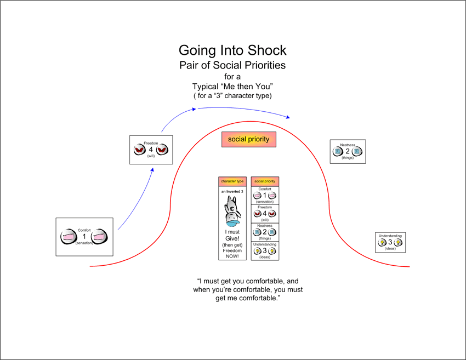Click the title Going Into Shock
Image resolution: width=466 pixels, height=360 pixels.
click(232, 50)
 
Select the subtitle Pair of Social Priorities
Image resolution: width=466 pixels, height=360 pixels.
click(232, 65)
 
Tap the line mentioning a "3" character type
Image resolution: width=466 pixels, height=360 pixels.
click(232, 95)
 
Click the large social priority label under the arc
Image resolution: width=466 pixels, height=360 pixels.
click(248, 139)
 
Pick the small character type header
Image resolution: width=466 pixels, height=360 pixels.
click(232, 181)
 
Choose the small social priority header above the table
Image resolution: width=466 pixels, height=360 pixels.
click(265, 181)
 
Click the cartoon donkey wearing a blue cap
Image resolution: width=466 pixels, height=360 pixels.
click(232, 211)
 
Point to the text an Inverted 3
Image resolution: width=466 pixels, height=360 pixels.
click(232, 191)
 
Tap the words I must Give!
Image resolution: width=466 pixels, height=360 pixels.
click(232, 235)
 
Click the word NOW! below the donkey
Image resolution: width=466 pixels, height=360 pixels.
click(232, 256)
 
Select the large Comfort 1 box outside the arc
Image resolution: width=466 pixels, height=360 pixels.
click(84, 237)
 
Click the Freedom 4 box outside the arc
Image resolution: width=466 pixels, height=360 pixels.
click(151, 150)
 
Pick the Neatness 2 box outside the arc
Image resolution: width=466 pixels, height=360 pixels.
click(348, 151)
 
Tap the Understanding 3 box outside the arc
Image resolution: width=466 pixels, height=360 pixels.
click(390, 242)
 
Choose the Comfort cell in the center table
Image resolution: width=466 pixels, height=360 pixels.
click(265, 195)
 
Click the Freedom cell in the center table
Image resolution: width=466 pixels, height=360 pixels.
click(265, 214)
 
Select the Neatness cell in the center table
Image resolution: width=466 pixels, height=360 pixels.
click(265, 232)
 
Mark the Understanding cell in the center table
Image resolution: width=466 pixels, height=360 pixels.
click(265, 251)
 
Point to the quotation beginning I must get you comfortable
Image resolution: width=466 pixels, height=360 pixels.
click(248, 289)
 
